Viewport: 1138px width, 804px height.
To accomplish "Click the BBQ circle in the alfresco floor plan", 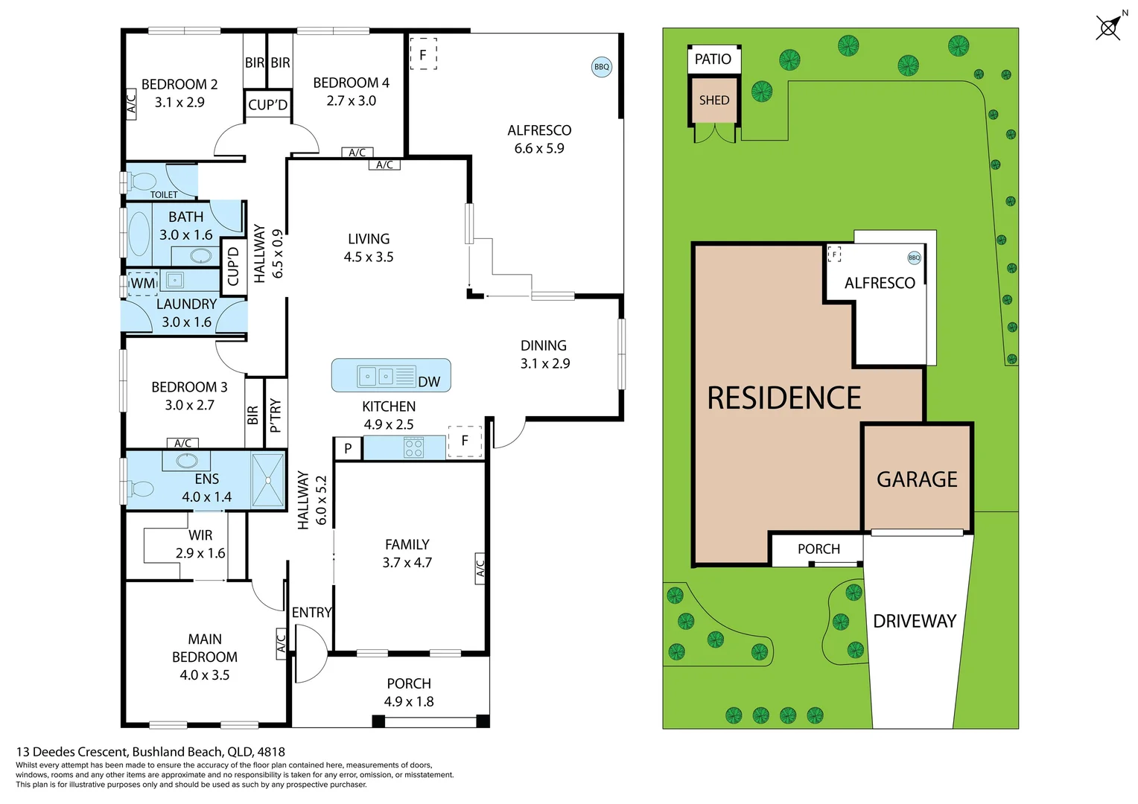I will click(x=601, y=67).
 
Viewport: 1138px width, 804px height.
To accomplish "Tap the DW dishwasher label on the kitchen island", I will click(x=429, y=382).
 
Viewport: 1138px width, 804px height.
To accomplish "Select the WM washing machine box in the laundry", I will click(x=143, y=284).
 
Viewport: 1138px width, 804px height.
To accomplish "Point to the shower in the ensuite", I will click(x=268, y=479).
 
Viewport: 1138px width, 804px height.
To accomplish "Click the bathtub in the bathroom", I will click(x=139, y=234).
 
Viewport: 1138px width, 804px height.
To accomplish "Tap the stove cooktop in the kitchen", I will click(x=413, y=448).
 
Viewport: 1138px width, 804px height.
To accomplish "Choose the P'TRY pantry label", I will click(x=276, y=415).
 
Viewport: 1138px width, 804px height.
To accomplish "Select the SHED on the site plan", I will click(x=713, y=100).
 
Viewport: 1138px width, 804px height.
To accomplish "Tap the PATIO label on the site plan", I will click(x=713, y=60).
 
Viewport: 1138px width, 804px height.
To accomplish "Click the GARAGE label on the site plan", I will click(x=917, y=479).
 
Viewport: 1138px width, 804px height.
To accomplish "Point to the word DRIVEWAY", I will click(x=914, y=622).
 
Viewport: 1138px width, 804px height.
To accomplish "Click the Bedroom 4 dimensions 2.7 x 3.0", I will click(x=351, y=101).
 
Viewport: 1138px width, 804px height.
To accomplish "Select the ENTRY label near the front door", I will click(x=311, y=613).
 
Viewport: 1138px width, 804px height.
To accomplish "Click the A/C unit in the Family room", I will click(x=480, y=567).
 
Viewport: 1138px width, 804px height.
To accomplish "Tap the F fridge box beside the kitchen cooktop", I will click(x=465, y=441).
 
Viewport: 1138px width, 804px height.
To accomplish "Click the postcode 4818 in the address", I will click(x=271, y=752).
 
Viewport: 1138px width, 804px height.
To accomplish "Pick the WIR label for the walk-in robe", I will click(x=200, y=535).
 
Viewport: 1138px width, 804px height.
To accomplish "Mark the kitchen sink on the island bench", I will click(x=376, y=376).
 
